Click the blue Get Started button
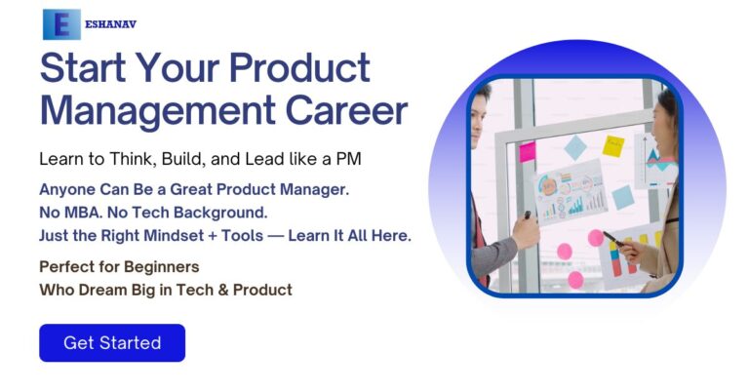[x=112, y=343]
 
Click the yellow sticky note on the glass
[x=612, y=146]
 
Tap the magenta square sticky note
[x=528, y=152]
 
